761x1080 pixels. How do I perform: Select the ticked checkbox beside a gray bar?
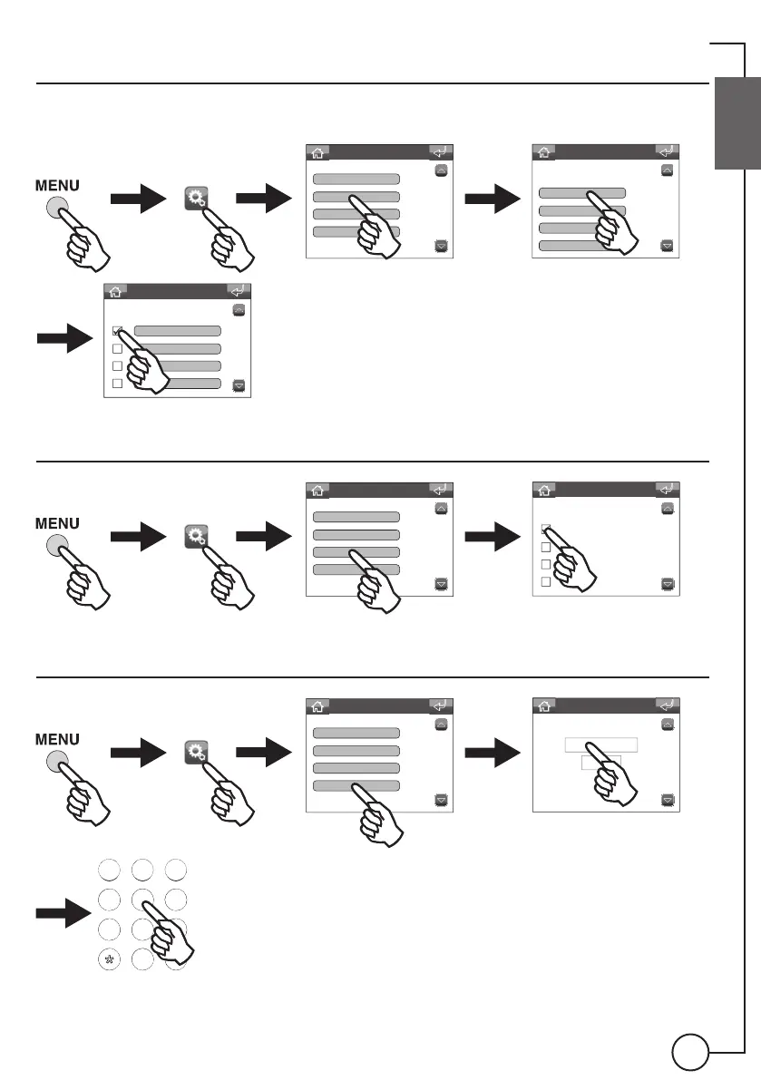pyautogui.click(x=117, y=332)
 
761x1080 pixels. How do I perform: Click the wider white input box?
pyautogui.click(x=600, y=744)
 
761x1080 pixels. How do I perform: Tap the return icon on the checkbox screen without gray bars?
pyautogui.click(x=667, y=489)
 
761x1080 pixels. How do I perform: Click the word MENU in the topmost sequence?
pyautogui.click(x=58, y=185)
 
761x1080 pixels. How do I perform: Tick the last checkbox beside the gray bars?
pyautogui.click(x=117, y=384)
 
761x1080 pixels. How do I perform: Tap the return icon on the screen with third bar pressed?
pyautogui.click(x=441, y=489)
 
